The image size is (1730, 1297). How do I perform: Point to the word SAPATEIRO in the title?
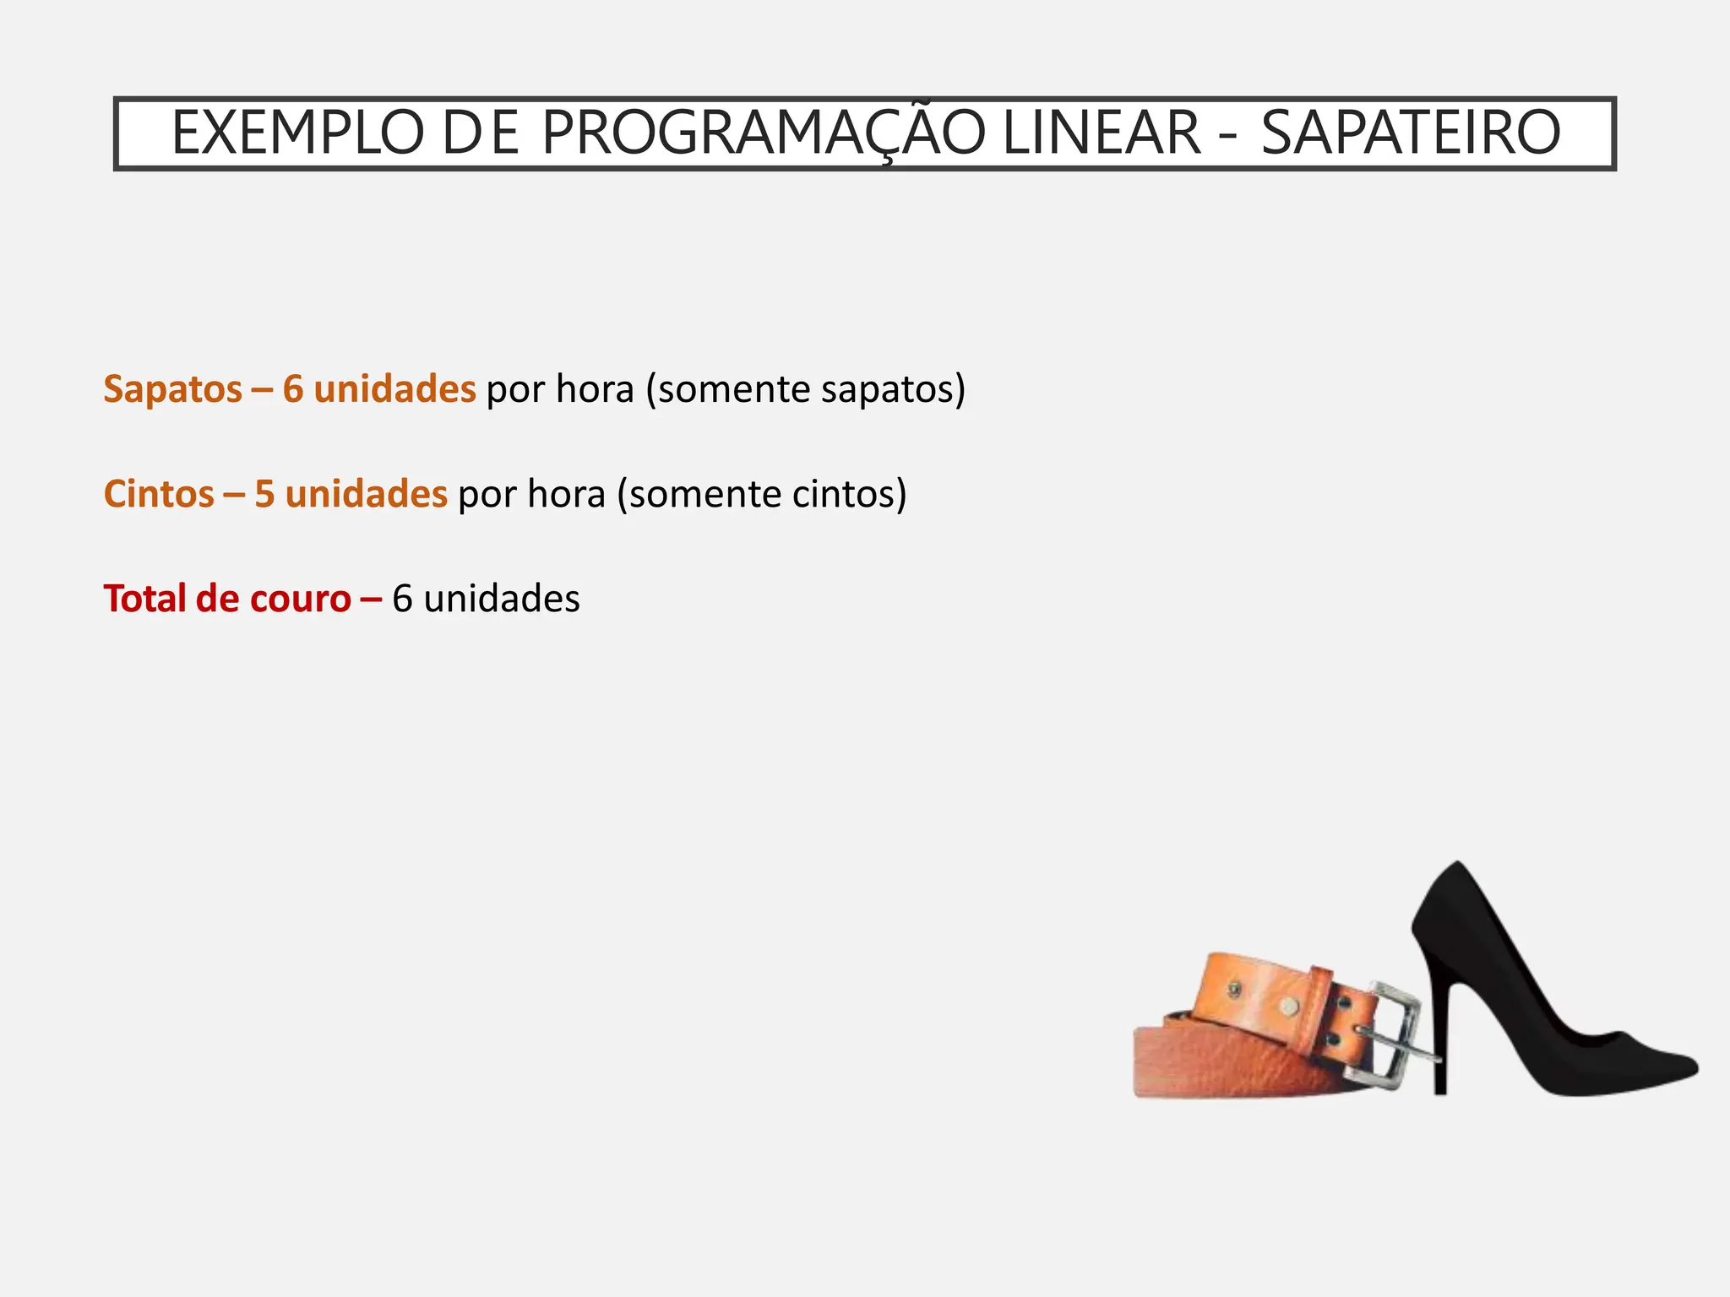point(1411,133)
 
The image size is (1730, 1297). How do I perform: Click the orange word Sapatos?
point(172,389)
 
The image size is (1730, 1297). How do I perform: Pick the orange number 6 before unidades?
point(292,389)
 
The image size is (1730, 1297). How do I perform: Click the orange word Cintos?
point(159,494)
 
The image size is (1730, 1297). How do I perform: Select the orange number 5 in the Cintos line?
point(264,494)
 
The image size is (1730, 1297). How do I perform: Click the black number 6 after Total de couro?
point(402,599)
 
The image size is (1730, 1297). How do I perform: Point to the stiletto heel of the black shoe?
point(1439,1039)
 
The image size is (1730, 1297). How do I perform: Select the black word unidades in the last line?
point(502,599)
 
